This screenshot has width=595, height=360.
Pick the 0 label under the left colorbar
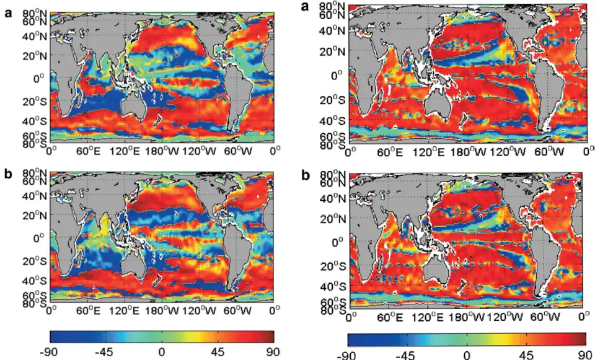click(162, 351)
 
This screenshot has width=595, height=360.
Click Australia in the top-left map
click(136, 105)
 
